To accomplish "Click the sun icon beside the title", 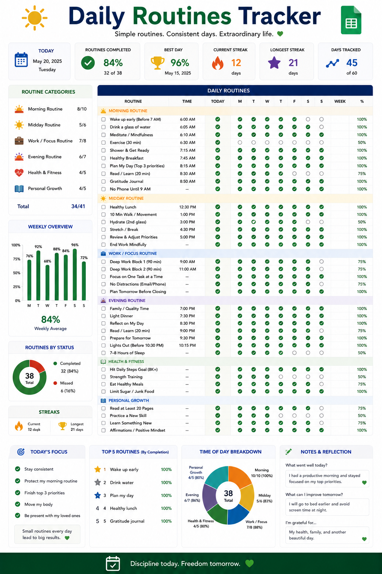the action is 35,18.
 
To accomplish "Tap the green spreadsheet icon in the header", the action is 351,20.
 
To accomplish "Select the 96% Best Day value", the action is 180,63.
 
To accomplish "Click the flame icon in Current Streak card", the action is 217,63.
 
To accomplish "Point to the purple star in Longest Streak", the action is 274,63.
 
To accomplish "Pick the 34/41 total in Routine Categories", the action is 78,206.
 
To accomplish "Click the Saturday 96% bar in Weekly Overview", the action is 75,274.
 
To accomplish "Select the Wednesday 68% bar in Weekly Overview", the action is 47,283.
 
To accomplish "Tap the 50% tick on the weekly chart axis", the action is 17,273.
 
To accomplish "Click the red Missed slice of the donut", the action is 38,366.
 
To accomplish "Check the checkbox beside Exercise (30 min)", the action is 103,142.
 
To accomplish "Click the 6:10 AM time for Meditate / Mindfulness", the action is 188,135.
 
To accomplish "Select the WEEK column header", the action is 340,102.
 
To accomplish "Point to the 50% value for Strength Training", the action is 362,377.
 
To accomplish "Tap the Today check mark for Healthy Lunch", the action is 218,207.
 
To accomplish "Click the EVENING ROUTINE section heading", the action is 127,300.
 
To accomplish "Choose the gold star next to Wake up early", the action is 97,469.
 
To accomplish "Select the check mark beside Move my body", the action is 18,504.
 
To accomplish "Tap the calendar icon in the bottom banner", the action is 113,564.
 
